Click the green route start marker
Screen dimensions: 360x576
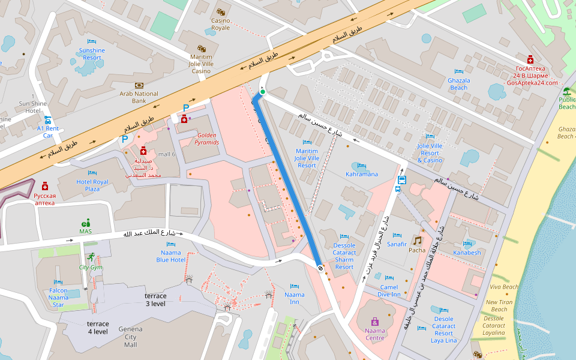pos(262,91)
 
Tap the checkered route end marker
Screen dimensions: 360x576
pos(321,268)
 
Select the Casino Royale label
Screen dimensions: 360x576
pos(220,24)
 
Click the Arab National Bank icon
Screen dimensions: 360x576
pos(139,85)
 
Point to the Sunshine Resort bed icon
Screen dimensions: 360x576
pos(92,41)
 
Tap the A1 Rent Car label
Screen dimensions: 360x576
pos(48,131)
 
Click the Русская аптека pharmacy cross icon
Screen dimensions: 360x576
pos(45,186)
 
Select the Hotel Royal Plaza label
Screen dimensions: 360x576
pos(92,185)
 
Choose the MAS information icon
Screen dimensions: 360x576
pos(86,222)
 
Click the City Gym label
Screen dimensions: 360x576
pos(91,267)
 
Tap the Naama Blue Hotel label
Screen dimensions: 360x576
pos(170,256)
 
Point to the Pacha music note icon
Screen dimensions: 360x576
pos(417,241)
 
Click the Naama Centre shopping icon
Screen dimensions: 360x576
pos(375,322)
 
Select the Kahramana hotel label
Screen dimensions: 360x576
pos(362,174)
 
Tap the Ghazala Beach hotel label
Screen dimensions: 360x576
pos(458,84)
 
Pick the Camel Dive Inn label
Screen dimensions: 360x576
pos(389,290)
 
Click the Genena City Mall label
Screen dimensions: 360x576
pos(130,337)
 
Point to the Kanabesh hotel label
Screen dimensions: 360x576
pos(467,253)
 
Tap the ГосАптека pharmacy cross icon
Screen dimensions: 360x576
pos(530,60)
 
